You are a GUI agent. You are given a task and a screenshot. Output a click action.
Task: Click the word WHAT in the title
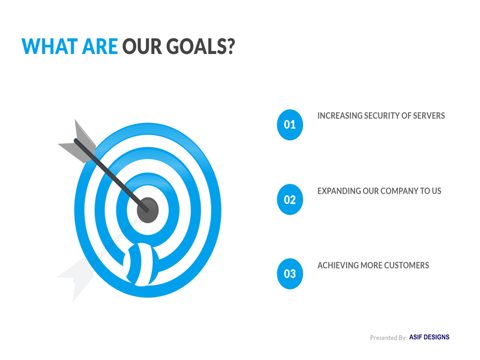pyautogui.click(x=50, y=47)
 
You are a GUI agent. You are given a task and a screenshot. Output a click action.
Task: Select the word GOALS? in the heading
pyautogui.click(x=200, y=47)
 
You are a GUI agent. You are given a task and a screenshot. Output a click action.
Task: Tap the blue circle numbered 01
pyautogui.click(x=290, y=125)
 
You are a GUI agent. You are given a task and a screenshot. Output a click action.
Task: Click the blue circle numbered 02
pyautogui.click(x=290, y=199)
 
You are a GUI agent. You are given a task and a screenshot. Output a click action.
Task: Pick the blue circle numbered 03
pyautogui.click(x=290, y=274)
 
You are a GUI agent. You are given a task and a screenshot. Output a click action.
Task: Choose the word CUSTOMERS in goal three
pyautogui.click(x=406, y=265)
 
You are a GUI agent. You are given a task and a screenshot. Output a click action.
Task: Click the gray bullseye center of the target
pyautogui.click(x=148, y=211)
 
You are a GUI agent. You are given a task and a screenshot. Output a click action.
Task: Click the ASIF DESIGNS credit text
pyautogui.click(x=429, y=337)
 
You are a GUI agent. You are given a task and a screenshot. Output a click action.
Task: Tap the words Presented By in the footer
pyautogui.click(x=388, y=338)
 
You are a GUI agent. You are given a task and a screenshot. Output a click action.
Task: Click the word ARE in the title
pyautogui.click(x=100, y=47)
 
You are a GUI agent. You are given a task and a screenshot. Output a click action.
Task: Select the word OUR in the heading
pyautogui.click(x=142, y=47)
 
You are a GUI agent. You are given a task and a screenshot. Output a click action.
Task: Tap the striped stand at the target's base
pyautogui.click(x=141, y=265)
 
